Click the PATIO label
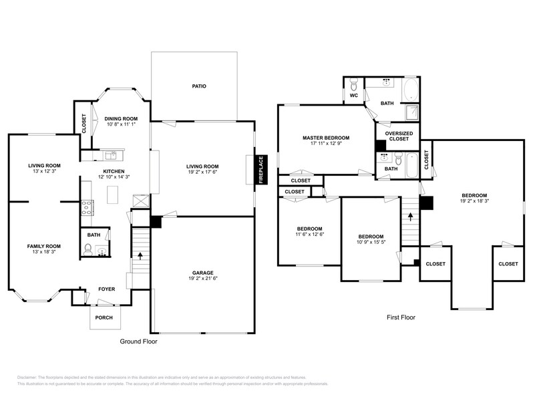198,86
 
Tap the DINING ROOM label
120,118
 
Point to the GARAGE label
203,273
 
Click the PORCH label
104,317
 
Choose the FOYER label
106,289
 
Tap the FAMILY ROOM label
44,246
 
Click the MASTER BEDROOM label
325,138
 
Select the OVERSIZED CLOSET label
399,136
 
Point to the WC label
354,96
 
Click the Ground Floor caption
138,341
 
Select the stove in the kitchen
87,207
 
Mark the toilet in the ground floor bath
87,249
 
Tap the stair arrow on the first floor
410,217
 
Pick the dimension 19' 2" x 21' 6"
203,279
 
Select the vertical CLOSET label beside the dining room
84,124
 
